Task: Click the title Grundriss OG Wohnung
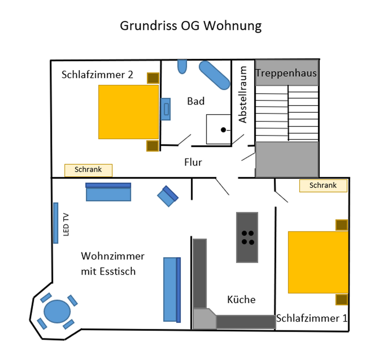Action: click(190, 26)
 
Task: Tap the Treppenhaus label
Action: click(286, 73)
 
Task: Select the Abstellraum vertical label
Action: click(243, 95)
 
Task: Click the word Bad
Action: click(196, 101)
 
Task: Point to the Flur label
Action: click(193, 162)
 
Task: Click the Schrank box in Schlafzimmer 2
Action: click(88, 170)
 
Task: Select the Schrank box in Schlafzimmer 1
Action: click(323, 186)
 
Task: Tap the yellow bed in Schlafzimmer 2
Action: click(129, 112)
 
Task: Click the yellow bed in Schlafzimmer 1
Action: click(318, 262)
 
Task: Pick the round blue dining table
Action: click(57, 312)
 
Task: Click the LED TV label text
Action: click(66, 225)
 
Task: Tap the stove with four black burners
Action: click(247, 237)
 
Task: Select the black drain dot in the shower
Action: click(223, 130)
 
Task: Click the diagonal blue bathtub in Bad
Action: click(214, 75)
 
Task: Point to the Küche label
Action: click(241, 300)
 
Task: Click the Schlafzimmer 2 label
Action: click(97, 75)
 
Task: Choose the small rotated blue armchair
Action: click(168, 196)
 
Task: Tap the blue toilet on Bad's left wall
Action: click(165, 109)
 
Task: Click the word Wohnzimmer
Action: click(113, 256)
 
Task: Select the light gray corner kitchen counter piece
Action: click(204, 319)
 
